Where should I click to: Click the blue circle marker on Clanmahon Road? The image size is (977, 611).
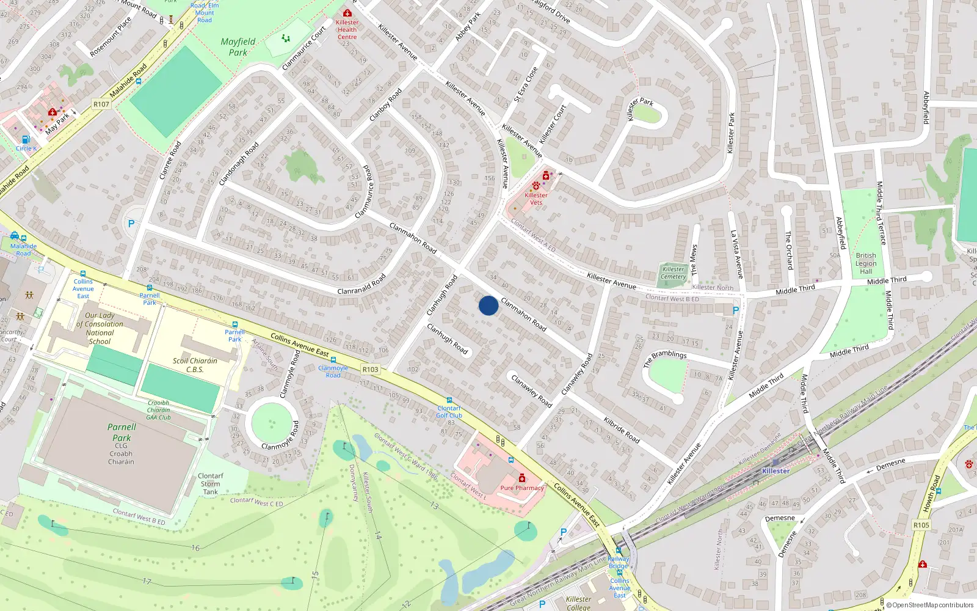coord(488,305)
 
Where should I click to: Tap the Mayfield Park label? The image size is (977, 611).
coord(238,47)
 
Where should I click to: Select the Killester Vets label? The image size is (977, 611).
coord(536,199)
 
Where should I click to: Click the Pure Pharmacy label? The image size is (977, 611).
coord(522,488)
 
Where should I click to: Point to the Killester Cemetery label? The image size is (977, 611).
coord(673,273)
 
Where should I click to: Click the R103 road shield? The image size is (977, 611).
coord(370,369)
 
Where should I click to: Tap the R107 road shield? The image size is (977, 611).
coord(101,104)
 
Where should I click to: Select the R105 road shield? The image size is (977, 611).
coord(921,525)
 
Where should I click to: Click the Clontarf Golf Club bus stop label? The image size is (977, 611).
coord(449,412)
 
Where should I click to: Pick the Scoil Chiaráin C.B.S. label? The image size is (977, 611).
coord(195,365)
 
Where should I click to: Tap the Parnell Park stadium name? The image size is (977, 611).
coord(122,432)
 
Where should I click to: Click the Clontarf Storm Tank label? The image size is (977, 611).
coord(211,483)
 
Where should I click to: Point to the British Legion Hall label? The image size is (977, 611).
coord(866,263)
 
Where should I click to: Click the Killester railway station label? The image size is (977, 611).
coord(775,470)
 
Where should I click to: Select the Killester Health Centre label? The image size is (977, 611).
coord(347,29)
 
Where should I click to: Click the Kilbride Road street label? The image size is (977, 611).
coord(622,430)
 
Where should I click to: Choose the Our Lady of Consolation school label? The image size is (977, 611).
coord(100,329)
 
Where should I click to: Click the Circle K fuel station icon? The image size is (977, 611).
coord(26,139)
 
